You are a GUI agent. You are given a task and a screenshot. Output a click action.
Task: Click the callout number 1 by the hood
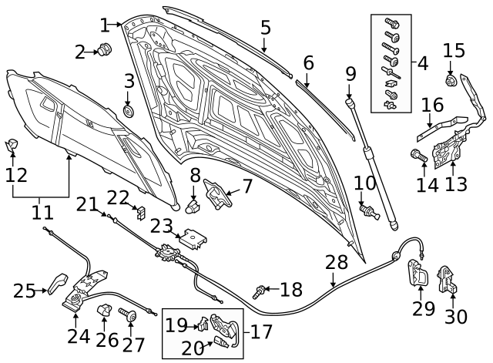106,25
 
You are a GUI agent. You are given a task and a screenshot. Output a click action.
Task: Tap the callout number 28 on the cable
336,264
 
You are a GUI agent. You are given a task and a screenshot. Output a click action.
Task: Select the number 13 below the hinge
456,185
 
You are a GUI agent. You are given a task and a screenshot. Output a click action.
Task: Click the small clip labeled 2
106,51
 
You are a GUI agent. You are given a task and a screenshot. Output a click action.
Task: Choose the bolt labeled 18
261,291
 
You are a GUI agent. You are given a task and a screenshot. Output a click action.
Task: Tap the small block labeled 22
140,211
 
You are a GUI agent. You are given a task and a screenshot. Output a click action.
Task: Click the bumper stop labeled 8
193,205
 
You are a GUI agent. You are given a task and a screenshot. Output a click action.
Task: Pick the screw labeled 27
129,315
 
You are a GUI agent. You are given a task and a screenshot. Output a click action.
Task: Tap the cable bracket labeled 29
417,273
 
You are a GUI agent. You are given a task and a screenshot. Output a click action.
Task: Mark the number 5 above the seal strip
265,28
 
